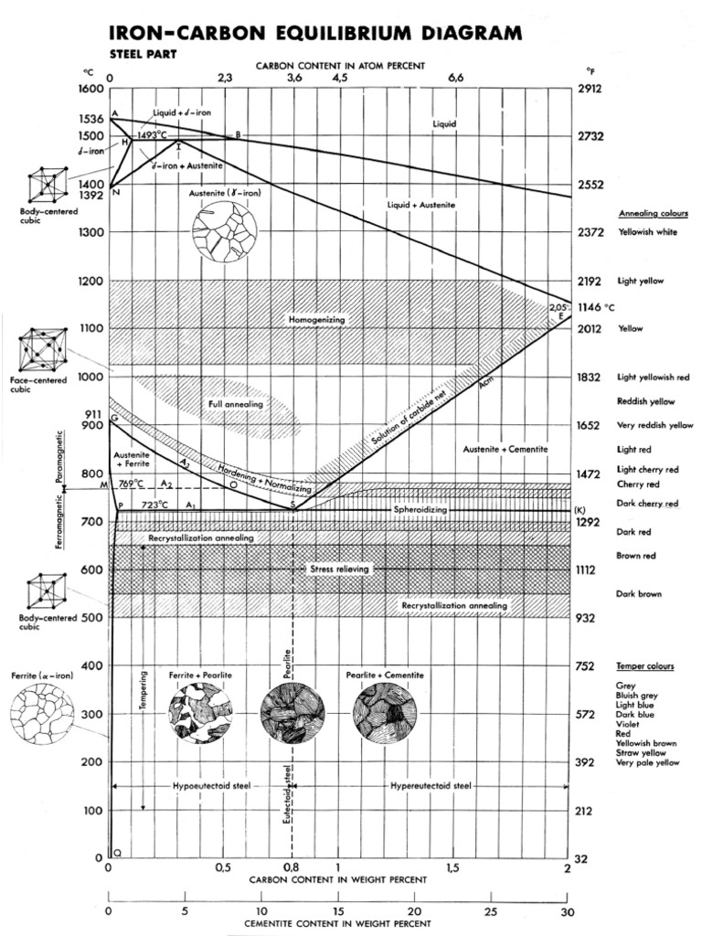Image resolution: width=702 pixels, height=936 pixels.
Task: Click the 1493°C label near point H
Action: [x=154, y=135]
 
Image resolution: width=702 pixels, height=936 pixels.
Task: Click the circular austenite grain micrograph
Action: [x=224, y=232]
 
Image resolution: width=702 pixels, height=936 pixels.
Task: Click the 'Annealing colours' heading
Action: [x=653, y=213]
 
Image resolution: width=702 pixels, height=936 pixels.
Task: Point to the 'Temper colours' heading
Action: [x=644, y=666]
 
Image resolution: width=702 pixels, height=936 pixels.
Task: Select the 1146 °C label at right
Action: [x=597, y=307]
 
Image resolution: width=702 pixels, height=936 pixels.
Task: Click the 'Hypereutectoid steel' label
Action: [x=430, y=785]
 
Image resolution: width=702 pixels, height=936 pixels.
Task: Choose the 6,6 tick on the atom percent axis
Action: [x=456, y=79]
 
